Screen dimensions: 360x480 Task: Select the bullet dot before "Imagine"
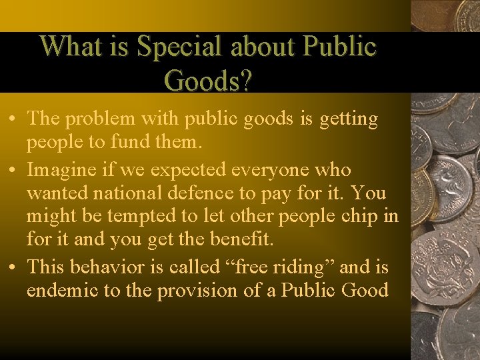[13, 170]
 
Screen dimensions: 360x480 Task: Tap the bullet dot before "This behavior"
[13, 267]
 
